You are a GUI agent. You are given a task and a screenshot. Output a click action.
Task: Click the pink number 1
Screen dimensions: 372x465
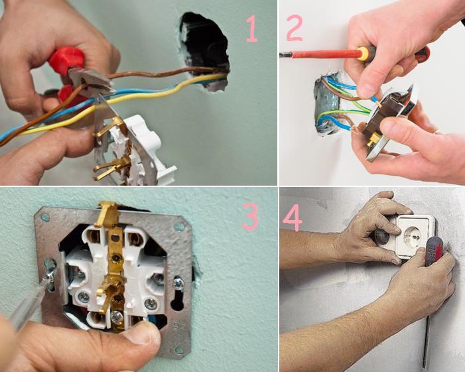coord(251,29)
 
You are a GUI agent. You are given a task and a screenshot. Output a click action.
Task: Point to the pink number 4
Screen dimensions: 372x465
coord(293,218)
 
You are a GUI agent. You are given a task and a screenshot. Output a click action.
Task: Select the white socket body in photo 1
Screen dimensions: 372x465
coord(143,149)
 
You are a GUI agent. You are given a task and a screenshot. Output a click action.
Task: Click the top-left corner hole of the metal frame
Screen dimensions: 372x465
coord(46,216)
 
